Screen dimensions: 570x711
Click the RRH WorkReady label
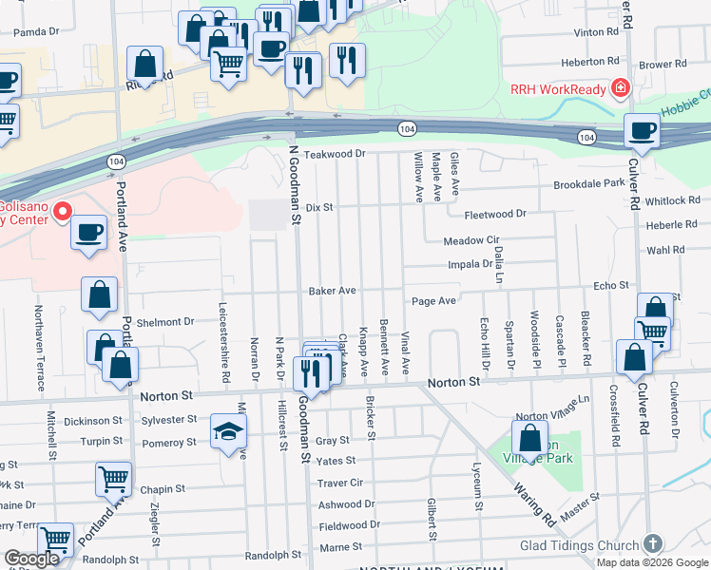[557, 88]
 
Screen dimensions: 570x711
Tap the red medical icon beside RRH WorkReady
[620, 88]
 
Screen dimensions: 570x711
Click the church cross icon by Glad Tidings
[652, 543]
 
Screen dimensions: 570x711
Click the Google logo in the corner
[31, 559]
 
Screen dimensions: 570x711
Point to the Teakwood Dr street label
[334, 153]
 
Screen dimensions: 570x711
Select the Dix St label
[319, 207]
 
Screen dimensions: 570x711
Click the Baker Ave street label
[331, 290]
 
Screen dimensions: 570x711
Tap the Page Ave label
[433, 301]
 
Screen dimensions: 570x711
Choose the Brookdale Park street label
[588, 182]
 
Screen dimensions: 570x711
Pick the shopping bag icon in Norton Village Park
[529, 438]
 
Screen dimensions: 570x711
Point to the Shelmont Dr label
[165, 321]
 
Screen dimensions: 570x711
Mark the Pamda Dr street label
[36, 31]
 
